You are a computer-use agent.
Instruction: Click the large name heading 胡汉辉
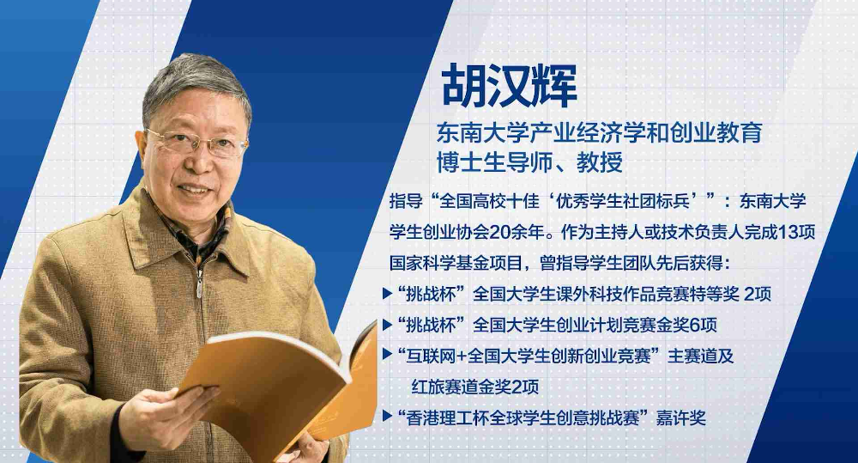[509, 86]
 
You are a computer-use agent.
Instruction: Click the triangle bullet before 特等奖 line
[388, 295]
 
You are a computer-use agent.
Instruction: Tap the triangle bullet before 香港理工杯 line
[388, 417]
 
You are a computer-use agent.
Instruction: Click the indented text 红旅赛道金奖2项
[475, 387]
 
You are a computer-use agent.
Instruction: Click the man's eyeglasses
[197, 142]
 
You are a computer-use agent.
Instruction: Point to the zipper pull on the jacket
[199, 286]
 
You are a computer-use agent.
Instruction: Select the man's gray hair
[194, 82]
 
